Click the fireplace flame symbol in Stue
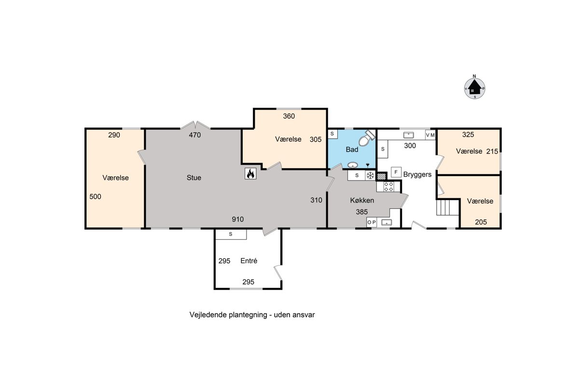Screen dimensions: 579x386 (x=250, y=174)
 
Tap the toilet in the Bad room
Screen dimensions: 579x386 (x=366, y=138)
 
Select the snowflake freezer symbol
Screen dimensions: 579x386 (x=370, y=175)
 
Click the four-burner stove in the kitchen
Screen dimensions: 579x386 (x=388, y=187)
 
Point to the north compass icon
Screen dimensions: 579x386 (x=475, y=88)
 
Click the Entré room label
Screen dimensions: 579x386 (x=248, y=261)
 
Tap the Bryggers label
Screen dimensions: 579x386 (x=417, y=175)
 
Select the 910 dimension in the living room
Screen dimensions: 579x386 (x=237, y=219)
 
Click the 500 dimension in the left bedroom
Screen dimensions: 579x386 (x=95, y=196)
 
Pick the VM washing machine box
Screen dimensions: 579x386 (x=430, y=135)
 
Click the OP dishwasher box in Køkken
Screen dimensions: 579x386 (x=372, y=222)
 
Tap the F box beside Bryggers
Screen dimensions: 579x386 (x=396, y=172)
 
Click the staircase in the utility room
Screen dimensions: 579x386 (x=448, y=207)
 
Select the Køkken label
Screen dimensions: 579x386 (x=362, y=200)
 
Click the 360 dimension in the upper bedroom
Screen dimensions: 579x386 (x=289, y=116)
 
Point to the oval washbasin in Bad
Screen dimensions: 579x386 (x=352, y=165)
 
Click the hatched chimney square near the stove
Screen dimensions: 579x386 (x=381, y=177)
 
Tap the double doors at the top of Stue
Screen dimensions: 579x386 (x=195, y=125)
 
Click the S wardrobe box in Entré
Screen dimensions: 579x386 (x=231, y=234)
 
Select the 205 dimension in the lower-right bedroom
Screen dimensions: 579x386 (x=481, y=222)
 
